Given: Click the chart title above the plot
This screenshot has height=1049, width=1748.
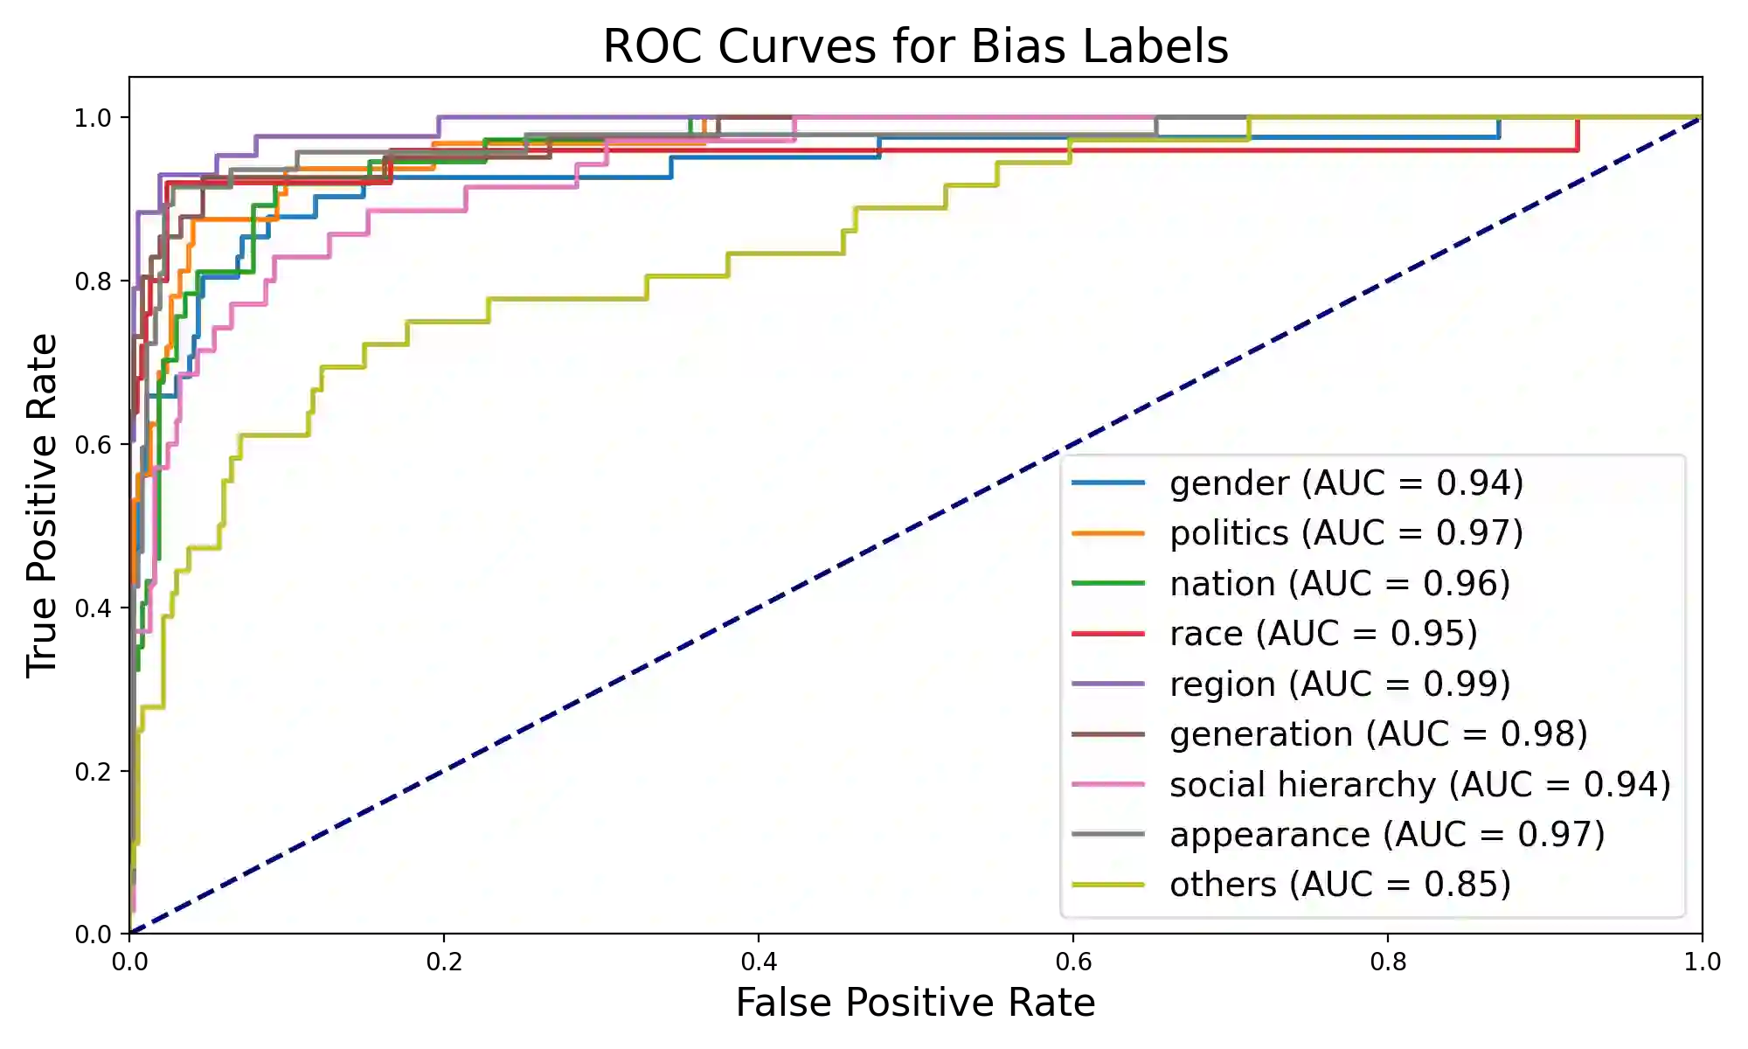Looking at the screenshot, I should (915, 45).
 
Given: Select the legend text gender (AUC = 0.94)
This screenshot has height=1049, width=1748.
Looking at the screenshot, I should (1346, 483).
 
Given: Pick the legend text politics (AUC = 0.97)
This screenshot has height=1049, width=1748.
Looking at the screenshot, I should (1346, 532).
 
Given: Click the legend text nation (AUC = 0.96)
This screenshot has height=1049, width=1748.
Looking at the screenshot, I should (1340, 583).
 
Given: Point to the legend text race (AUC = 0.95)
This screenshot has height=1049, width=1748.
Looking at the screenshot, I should (1323, 633).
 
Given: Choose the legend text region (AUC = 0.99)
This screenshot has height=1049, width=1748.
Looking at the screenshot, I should (1340, 684).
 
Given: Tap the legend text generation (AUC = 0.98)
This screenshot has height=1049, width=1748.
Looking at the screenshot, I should (1378, 733).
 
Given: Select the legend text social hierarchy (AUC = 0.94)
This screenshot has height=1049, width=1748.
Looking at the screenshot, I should (1419, 784).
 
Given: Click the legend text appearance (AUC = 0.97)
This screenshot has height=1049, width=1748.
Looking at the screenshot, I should (1387, 834).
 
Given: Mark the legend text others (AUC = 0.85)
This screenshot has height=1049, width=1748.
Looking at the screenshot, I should (1340, 885).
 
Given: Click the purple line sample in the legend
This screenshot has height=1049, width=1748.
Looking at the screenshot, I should (1108, 684).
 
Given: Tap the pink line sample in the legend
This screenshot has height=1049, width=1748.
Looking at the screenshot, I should (1108, 784).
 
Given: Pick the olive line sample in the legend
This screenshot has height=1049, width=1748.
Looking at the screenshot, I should (1108, 885).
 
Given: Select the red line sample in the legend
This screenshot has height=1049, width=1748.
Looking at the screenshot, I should (1108, 633).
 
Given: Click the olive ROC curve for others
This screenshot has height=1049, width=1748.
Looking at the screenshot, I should (568, 299).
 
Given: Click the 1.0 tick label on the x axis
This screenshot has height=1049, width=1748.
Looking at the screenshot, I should (1703, 962).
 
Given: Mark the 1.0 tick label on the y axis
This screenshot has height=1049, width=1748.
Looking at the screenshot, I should (91, 117).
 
